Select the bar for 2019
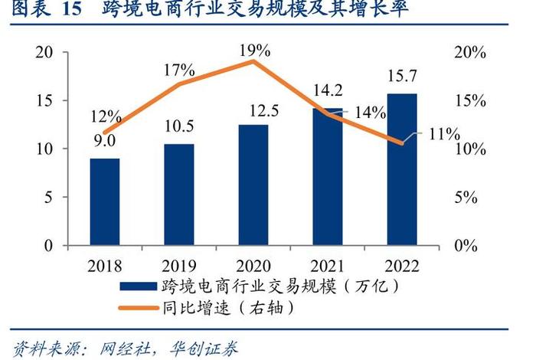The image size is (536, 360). point(178,195)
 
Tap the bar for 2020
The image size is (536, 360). point(253,185)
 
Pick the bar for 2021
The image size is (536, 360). point(328,176)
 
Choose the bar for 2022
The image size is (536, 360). point(402,169)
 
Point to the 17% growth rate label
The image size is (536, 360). point(179,71)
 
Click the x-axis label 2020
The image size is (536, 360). point(253,265)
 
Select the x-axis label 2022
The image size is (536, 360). point(402,265)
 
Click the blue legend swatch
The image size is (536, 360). point(138,286)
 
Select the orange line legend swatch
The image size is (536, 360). point(138,308)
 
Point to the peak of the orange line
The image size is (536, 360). point(253,61)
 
